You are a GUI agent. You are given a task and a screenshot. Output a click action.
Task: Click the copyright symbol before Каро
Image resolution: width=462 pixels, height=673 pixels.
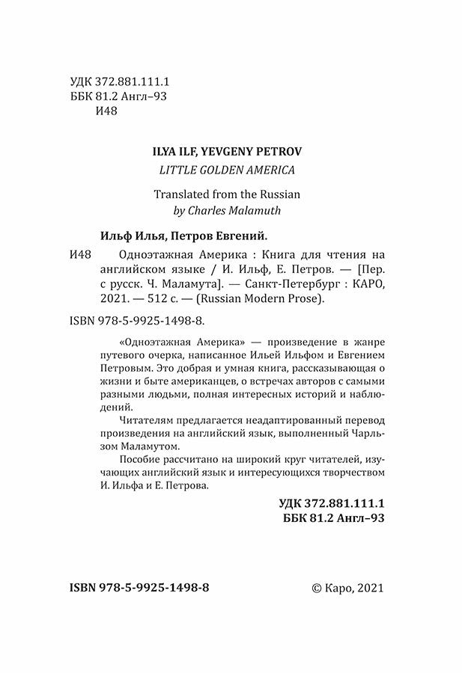314,588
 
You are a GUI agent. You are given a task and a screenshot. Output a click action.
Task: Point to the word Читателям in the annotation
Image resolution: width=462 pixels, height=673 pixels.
127,424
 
